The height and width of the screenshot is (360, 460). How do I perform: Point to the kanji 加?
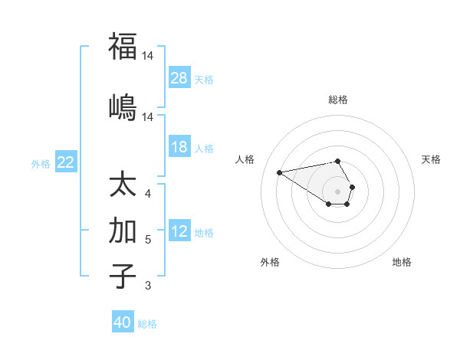123,231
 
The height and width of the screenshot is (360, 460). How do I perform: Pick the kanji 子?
123,275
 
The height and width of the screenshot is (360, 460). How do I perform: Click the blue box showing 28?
179,78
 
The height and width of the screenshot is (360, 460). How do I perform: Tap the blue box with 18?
179,147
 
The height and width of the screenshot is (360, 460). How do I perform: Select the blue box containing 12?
179,231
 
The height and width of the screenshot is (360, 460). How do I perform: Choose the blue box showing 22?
66,162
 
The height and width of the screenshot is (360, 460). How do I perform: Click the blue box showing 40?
123,322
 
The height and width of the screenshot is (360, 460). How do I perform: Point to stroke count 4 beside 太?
148,194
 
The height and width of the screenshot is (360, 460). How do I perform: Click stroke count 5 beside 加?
148,240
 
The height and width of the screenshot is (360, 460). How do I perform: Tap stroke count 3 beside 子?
148,286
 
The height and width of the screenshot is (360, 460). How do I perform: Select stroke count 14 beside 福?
148,56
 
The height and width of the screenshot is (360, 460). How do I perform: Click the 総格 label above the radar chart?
338,100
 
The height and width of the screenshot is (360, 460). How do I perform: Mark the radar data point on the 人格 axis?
280,172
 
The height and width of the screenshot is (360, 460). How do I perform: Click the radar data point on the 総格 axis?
338,161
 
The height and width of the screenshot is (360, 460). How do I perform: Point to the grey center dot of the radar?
338,191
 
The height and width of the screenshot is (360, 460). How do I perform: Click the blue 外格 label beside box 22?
41,163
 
